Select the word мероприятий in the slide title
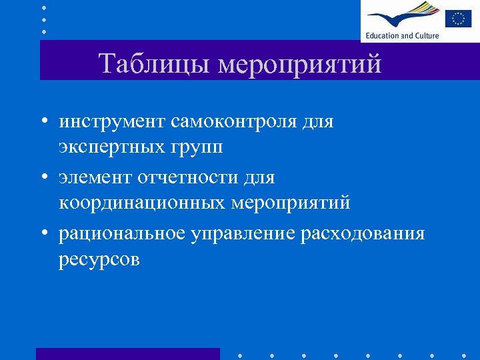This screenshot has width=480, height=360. click(301, 65)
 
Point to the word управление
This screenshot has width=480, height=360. click(243, 234)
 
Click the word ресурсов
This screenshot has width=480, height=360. click(99, 259)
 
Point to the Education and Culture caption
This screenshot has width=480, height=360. click(401, 35)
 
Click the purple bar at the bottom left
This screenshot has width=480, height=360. click(127, 353)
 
